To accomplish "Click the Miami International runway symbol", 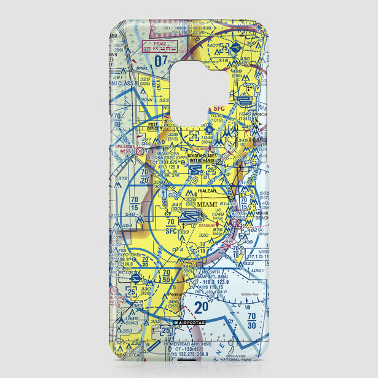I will click(189, 216).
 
